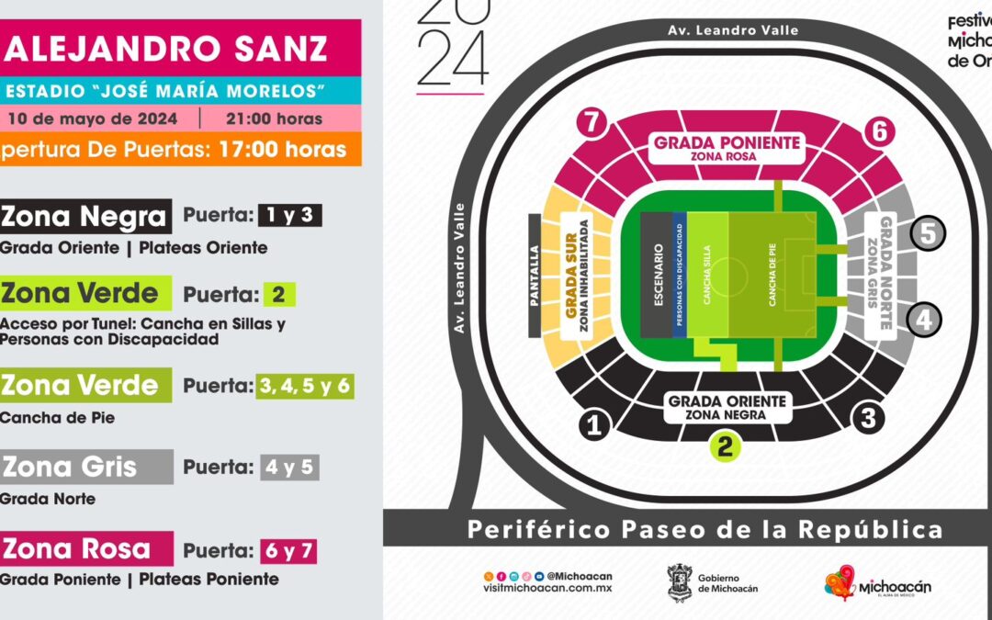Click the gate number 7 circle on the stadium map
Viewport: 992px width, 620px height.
point(593,122)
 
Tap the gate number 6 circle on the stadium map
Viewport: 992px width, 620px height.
point(879,131)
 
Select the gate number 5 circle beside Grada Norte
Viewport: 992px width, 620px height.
point(928,234)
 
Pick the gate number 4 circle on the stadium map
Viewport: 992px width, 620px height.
point(925,320)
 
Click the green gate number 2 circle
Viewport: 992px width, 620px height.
point(725,447)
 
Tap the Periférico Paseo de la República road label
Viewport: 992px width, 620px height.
point(705,529)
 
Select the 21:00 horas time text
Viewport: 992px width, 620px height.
point(274,118)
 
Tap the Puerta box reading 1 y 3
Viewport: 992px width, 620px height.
point(289,215)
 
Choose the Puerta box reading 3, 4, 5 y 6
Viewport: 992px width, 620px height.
point(304,386)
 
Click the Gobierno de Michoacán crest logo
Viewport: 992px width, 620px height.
point(680,583)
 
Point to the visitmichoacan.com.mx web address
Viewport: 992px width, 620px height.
point(547,590)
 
